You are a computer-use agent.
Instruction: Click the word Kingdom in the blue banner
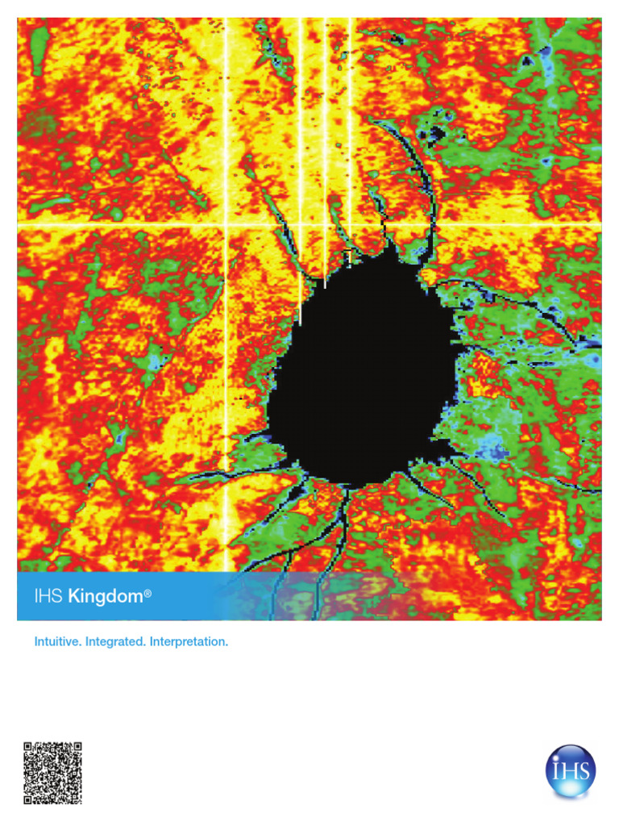pyautogui.click(x=105, y=598)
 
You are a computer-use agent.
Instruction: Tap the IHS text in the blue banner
pyautogui.click(x=48, y=598)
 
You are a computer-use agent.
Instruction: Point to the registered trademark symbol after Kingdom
pyautogui.click(x=147, y=594)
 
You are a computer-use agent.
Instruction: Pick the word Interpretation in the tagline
pyautogui.click(x=189, y=643)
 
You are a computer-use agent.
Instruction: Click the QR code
pyautogui.click(x=52, y=773)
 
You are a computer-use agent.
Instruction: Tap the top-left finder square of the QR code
pyautogui.click(x=31, y=749)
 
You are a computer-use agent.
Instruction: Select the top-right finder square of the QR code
pyautogui.click(x=75, y=749)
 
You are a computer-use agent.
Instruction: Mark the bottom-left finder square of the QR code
pyautogui.click(x=31, y=797)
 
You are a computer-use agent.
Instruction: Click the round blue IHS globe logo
pyautogui.click(x=571, y=772)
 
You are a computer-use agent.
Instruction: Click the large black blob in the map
pyautogui.click(x=363, y=371)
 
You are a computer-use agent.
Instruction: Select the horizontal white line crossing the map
pyautogui.click(x=121, y=225)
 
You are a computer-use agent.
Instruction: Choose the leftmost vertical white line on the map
pyautogui.click(x=226, y=121)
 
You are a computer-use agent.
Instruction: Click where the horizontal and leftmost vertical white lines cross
pyautogui.click(x=226, y=225)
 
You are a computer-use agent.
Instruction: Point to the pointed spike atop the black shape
pyautogui.click(x=393, y=247)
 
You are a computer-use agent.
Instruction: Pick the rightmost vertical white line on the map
pyautogui.click(x=349, y=121)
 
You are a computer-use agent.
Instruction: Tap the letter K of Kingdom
pyautogui.click(x=74, y=598)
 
